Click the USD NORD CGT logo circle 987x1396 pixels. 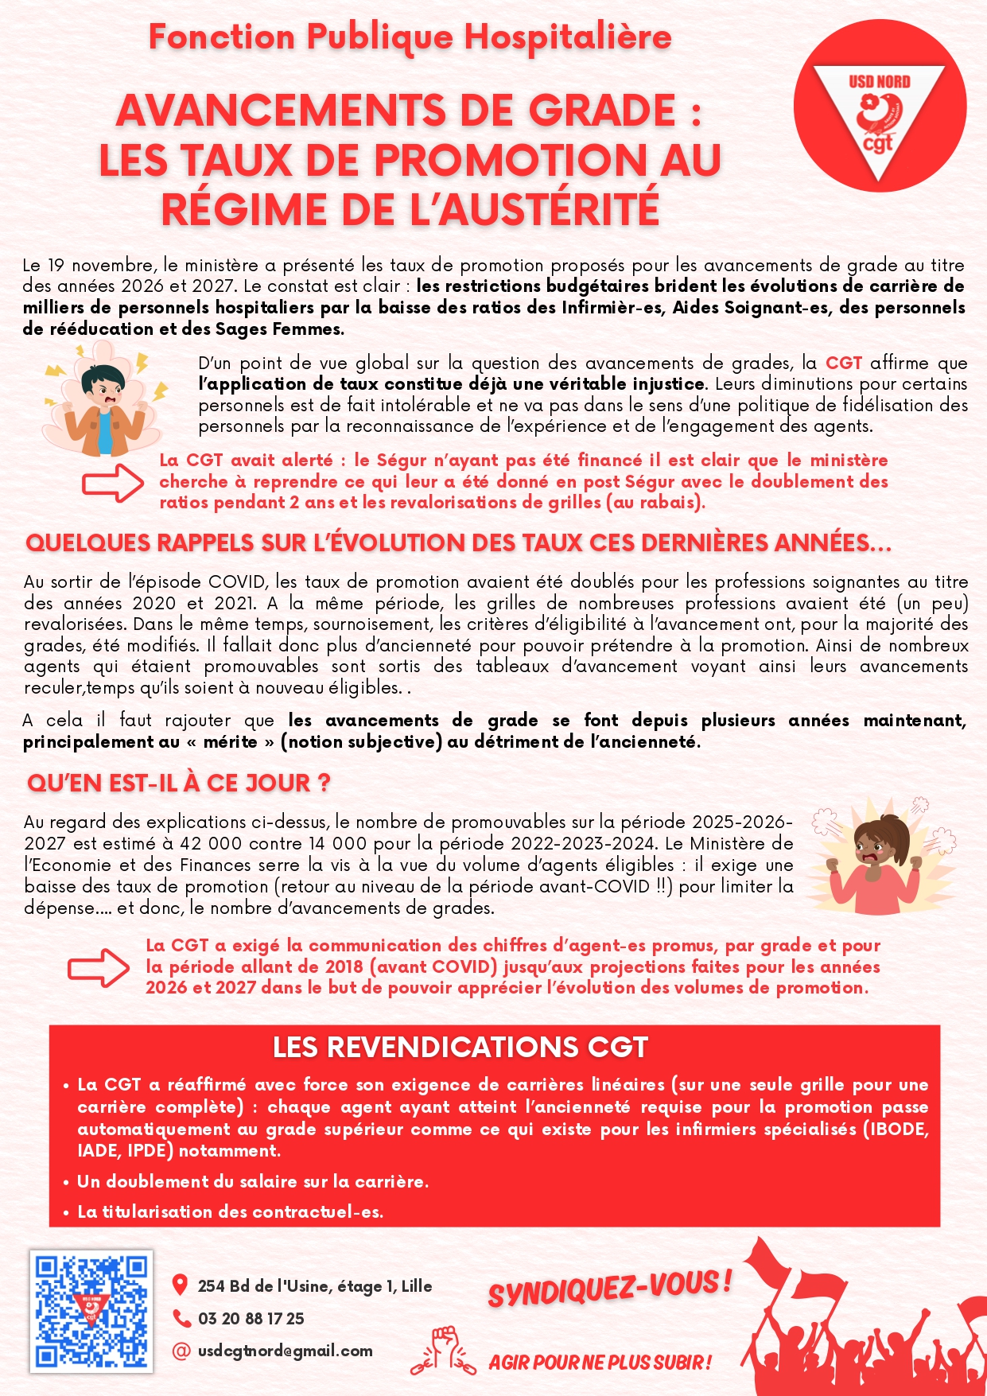(880, 107)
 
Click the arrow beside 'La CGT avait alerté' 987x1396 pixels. (113, 482)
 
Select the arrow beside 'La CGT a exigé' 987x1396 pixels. (99, 966)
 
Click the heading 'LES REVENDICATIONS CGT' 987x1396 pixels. (460, 1047)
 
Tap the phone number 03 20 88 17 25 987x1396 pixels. (251, 1319)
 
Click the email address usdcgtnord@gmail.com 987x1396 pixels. (285, 1351)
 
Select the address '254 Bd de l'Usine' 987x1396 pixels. (314, 1286)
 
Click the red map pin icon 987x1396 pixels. (181, 1285)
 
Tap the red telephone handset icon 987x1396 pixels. (181, 1319)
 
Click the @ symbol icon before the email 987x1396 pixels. (181, 1351)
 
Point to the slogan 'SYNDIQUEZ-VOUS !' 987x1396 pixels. (609, 1287)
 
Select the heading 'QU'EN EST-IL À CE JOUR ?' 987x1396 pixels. (178, 783)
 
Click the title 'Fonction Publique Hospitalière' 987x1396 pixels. (410, 37)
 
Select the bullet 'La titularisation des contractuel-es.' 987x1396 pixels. (230, 1211)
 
